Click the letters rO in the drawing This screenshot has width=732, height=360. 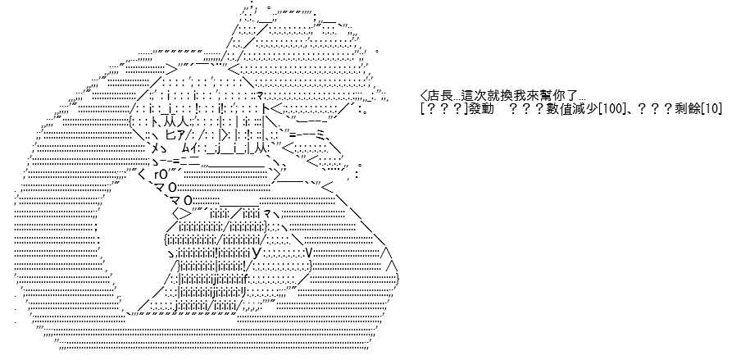point(160,175)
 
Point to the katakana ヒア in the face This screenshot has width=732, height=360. point(175,135)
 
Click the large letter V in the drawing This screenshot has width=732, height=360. point(308,253)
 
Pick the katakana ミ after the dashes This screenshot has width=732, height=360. point(321,135)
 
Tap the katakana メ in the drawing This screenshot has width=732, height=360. point(156,148)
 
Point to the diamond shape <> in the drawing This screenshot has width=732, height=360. point(182,214)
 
